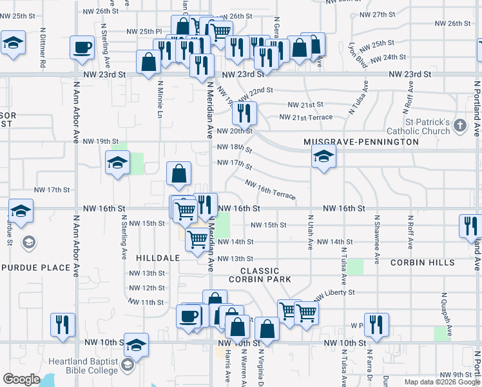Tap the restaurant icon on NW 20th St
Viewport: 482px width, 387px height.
point(244,114)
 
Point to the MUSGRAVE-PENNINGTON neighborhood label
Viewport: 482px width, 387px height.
point(361,141)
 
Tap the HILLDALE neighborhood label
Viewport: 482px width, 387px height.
point(158,257)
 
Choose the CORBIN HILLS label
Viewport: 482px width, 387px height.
point(422,263)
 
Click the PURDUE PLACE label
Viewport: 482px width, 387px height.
point(36,267)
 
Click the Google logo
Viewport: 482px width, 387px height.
point(22,379)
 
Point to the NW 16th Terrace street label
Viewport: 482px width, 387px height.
point(270,190)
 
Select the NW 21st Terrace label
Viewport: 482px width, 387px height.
point(305,117)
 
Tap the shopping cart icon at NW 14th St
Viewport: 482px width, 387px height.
point(197,240)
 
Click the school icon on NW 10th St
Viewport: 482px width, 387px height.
point(137,346)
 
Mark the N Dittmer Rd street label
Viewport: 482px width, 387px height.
point(43,46)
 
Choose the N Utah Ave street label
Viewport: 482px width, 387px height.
point(311,232)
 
